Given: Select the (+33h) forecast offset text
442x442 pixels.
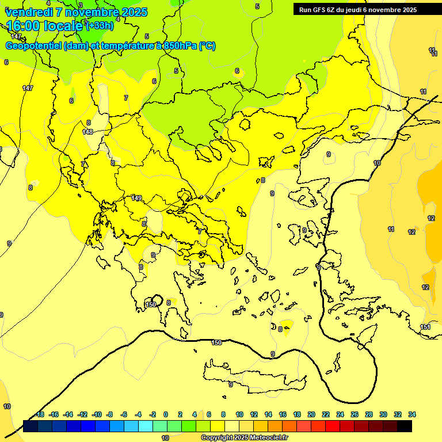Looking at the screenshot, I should pos(100,26).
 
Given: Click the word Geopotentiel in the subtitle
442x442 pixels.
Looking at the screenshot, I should pos(32,46).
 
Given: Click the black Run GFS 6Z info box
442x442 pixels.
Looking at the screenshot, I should pos(358,10).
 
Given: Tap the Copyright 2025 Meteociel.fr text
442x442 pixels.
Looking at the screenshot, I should pos(244,438).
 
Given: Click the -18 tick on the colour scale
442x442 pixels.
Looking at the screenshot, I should pos(40,414).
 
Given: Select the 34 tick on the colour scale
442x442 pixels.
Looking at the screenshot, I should pos(411,414).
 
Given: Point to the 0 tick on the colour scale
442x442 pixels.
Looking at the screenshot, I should pos(166,414).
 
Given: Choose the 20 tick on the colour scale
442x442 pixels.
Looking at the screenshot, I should pos(311,414).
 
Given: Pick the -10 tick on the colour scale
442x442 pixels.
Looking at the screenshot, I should pos(97,414).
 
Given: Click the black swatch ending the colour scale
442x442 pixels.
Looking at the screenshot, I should pos(405,426).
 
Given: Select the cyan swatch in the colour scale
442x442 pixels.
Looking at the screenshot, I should pos(146,426).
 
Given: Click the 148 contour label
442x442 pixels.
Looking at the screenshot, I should pos(87,132).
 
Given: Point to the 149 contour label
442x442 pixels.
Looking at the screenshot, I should pos(136,198).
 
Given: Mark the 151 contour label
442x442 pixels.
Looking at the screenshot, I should pos(425,327).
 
